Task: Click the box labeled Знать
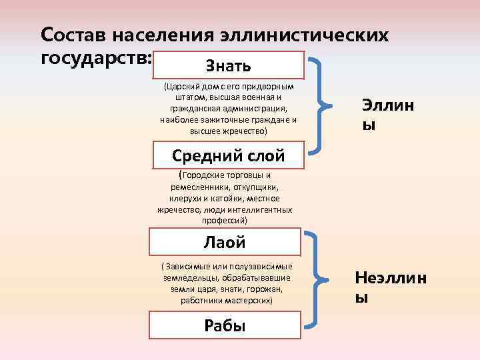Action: click(x=229, y=66)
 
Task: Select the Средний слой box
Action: click(x=229, y=156)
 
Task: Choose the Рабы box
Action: click(x=225, y=325)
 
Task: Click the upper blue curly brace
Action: click(x=321, y=103)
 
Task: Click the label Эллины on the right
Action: click(x=387, y=114)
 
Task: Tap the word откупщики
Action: click(x=257, y=187)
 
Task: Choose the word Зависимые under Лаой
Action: click(x=191, y=267)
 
